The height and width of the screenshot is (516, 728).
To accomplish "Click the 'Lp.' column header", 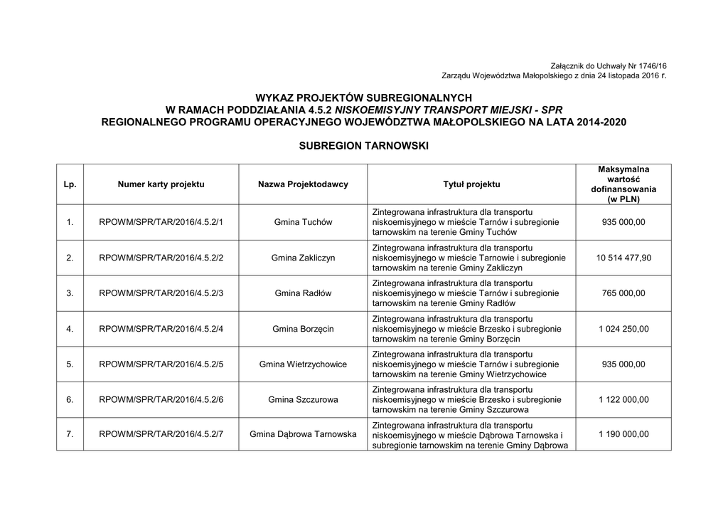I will (x=70, y=184).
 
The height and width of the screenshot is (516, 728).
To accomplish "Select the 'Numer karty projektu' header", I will (x=161, y=184).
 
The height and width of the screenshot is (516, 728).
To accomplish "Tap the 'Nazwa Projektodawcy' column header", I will (x=303, y=184).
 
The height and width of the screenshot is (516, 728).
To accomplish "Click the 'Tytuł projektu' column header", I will (x=471, y=184).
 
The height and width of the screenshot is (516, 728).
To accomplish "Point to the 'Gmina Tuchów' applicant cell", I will (x=303, y=222).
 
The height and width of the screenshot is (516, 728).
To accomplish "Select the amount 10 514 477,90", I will (x=623, y=258).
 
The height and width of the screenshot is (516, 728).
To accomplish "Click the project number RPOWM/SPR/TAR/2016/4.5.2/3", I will (x=161, y=293).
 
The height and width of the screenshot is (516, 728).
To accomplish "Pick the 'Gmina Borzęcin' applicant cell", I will (x=303, y=329).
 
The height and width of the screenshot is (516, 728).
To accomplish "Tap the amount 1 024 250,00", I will (x=623, y=329).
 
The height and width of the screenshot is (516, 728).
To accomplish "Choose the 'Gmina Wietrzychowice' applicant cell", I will (x=303, y=364).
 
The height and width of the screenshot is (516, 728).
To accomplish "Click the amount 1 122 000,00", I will (x=623, y=400).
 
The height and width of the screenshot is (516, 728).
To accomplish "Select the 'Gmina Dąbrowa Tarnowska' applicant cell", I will (x=303, y=434).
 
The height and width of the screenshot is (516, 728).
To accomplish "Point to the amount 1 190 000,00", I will (x=623, y=434).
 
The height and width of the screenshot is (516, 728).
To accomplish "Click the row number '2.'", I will (x=70, y=258).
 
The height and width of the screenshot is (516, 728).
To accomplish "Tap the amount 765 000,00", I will (x=623, y=293).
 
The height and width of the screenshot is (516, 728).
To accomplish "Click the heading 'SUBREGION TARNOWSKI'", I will (x=364, y=146).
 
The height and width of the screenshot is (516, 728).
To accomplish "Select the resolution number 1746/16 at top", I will (x=651, y=65).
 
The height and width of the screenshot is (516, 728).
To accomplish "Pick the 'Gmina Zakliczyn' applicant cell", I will (x=303, y=258).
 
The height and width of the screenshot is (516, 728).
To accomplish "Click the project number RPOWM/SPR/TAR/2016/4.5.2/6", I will (x=161, y=400).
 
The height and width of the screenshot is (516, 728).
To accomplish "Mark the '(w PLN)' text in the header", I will (x=623, y=200).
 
